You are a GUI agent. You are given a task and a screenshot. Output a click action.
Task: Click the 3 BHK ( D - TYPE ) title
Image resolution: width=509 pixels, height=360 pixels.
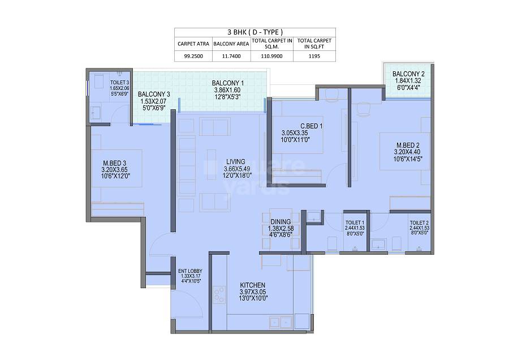pyautogui.click(x=255, y=32)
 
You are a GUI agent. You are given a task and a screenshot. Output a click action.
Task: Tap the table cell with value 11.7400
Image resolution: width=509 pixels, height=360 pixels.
pyautogui.click(x=231, y=56)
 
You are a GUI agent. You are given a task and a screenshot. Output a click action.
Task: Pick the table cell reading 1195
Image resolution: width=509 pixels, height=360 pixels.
pyautogui.click(x=314, y=56)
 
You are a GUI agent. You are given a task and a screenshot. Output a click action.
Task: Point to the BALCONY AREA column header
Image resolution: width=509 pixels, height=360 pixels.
pyautogui.click(x=231, y=43)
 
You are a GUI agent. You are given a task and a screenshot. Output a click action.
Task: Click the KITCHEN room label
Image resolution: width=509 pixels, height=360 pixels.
pyautogui.click(x=252, y=285)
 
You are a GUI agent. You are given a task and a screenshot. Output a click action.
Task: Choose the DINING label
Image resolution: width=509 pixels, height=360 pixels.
pyautogui.click(x=281, y=221)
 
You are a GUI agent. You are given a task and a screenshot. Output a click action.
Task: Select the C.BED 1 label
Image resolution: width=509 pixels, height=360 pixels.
pyautogui.click(x=295, y=126)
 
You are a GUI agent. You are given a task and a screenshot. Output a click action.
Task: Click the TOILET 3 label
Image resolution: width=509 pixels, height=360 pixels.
pyautogui.click(x=119, y=82)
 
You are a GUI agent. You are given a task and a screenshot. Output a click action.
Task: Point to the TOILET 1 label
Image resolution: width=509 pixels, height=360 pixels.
pyautogui.click(x=355, y=223)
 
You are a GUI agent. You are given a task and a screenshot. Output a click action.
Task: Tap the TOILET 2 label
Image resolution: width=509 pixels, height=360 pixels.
pyautogui.click(x=419, y=223)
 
